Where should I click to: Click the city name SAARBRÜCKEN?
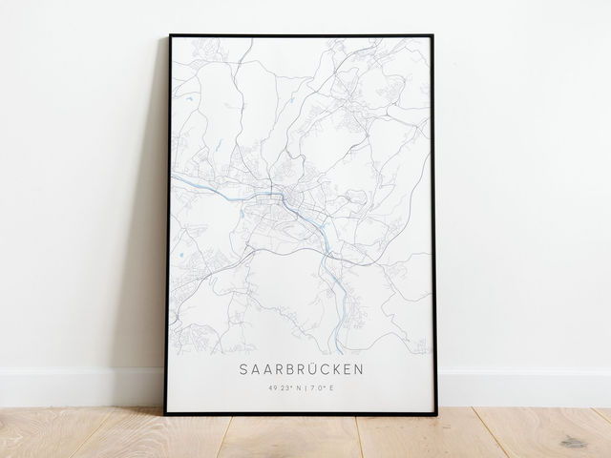click(x=303, y=368)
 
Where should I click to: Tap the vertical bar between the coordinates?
click(x=305, y=387)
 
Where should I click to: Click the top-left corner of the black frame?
click(x=170, y=35)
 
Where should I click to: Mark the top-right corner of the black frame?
click(x=432, y=36)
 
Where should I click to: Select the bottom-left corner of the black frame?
click(x=164, y=413)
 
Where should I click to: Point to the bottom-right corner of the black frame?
click(x=437, y=414)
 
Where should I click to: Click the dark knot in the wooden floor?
click(x=573, y=442)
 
